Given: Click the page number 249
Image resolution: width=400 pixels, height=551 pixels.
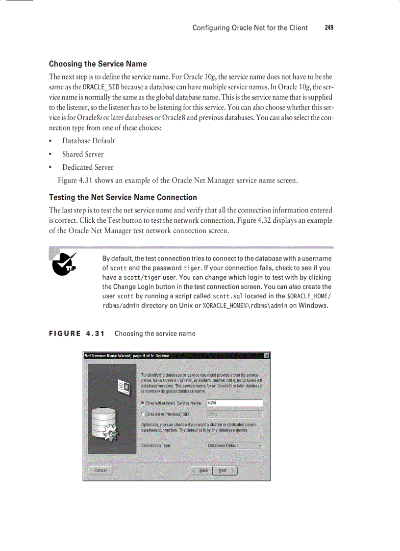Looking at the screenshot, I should click(x=329, y=28).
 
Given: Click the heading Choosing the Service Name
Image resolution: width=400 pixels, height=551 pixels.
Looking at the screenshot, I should click(x=98, y=64).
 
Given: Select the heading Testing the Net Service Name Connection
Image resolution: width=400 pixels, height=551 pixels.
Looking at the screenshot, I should click(x=123, y=197).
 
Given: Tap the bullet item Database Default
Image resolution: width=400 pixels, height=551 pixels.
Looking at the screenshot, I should click(x=88, y=141).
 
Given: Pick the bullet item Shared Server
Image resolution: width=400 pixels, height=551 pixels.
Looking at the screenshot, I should click(x=82, y=154).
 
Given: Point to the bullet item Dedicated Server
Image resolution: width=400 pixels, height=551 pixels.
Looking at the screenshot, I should click(x=87, y=167).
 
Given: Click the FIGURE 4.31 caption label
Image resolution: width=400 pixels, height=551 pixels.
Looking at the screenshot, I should click(x=77, y=334).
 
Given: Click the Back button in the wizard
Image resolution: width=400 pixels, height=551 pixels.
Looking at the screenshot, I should click(x=200, y=470).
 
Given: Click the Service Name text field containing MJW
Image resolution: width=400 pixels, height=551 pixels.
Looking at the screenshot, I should click(x=234, y=403).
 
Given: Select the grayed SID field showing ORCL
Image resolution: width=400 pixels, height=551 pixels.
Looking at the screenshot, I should click(x=234, y=414).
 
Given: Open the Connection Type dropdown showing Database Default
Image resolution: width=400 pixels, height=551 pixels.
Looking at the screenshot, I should click(x=234, y=446).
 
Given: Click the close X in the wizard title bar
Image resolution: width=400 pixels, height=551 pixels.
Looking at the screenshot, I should click(x=267, y=355).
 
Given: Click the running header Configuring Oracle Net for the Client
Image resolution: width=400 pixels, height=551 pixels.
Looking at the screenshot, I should click(x=250, y=28).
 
